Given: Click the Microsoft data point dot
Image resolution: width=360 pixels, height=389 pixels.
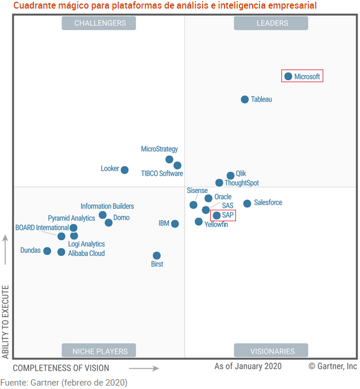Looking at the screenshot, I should (x=288, y=76).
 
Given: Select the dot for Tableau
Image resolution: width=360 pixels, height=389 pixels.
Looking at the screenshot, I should (x=245, y=99).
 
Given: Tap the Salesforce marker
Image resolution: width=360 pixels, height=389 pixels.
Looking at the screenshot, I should (x=247, y=203).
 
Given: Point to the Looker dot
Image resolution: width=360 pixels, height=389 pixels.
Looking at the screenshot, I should (x=125, y=170).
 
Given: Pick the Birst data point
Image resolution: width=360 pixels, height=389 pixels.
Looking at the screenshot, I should (x=157, y=256).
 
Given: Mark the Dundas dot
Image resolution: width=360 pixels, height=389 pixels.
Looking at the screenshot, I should (x=47, y=251).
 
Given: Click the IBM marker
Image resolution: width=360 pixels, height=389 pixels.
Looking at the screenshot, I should (x=175, y=224).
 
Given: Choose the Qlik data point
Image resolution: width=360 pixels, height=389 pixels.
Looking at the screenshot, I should (x=230, y=175).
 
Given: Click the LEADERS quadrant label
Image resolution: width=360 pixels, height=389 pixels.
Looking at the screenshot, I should (x=271, y=23).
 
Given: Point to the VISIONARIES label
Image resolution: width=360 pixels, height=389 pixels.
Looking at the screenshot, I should (x=271, y=351).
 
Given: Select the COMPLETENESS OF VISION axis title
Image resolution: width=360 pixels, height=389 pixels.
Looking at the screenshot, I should (x=61, y=368).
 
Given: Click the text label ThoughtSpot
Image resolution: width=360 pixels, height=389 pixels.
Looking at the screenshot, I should (x=242, y=183).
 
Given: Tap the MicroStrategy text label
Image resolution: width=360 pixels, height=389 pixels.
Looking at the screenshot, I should (x=159, y=149).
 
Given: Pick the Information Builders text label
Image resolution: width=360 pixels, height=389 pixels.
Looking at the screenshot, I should (x=107, y=206).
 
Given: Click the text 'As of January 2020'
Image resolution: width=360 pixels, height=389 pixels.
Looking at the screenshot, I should (x=248, y=366).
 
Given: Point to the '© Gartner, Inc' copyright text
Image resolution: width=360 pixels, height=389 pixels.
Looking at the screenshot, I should (x=332, y=366).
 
